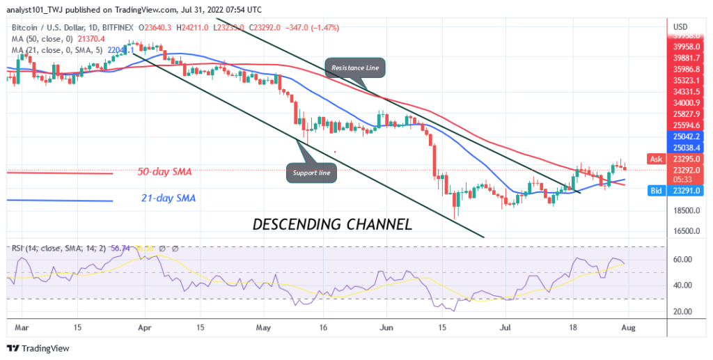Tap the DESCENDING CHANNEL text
tap(331, 224)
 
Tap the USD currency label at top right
tap(680, 26)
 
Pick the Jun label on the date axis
tap(384, 325)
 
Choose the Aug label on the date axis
tap(627, 325)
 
